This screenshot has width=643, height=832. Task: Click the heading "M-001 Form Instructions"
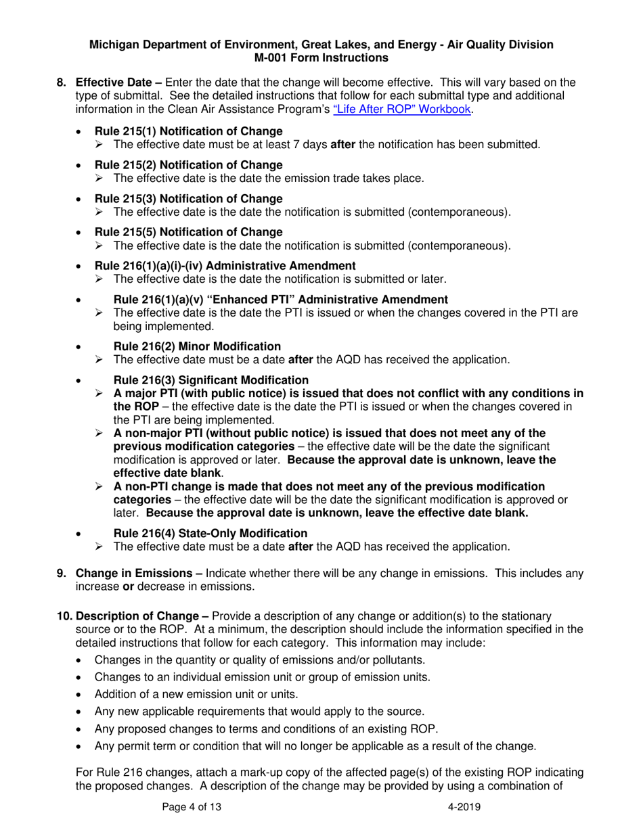(x=321, y=58)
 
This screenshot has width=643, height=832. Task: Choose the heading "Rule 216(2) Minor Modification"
(x=197, y=346)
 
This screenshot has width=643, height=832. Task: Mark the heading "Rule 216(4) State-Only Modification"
(x=210, y=533)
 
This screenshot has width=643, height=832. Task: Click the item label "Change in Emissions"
(x=129, y=573)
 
